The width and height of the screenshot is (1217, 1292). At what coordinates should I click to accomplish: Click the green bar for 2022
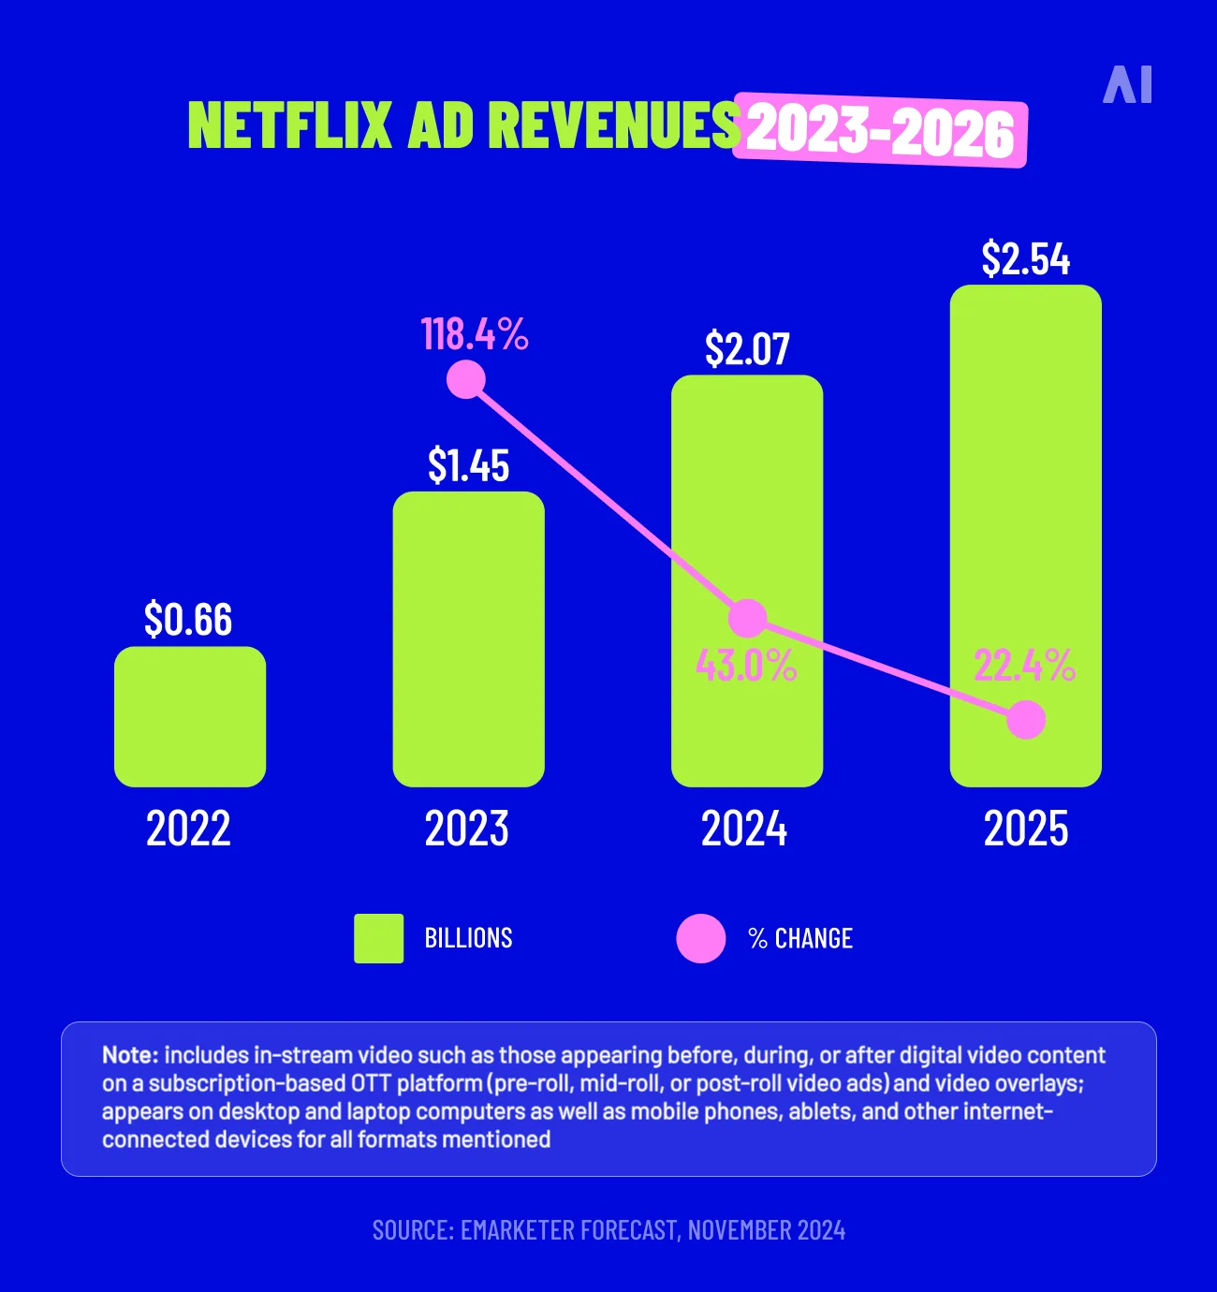tap(190, 716)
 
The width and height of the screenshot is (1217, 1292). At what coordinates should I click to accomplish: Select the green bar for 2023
tap(468, 646)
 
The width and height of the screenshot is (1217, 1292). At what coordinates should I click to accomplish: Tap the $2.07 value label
tap(747, 349)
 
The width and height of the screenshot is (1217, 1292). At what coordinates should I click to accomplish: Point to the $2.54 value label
tap(1025, 259)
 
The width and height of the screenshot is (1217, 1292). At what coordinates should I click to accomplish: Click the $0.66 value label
tap(188, 620)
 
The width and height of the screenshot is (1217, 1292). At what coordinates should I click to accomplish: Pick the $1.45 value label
tap(468, 465)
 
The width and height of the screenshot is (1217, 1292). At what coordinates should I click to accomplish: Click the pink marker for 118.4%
tap(465, 379)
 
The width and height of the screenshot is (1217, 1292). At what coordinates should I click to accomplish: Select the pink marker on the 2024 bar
tap(747, 618)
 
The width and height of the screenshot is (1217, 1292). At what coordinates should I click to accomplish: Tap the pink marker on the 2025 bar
tap(1026, 720)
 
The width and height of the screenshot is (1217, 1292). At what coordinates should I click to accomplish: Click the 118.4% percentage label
tap(475, 334)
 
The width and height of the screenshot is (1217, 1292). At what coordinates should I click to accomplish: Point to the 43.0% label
tap(746, 666)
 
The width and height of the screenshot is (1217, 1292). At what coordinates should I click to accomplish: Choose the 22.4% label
tap(1024, 666)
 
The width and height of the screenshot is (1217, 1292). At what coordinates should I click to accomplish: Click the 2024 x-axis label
tap(744, 829)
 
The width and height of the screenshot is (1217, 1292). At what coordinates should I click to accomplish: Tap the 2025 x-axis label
tap(1025, 829)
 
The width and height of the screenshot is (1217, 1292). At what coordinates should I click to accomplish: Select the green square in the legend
tap(379, 938)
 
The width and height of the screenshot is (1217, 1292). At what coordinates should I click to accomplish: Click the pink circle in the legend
tap(701, 938)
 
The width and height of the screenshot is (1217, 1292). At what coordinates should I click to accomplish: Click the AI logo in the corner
tap(1127, 85)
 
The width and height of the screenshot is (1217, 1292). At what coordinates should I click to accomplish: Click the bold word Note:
tap(130, 1055)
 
